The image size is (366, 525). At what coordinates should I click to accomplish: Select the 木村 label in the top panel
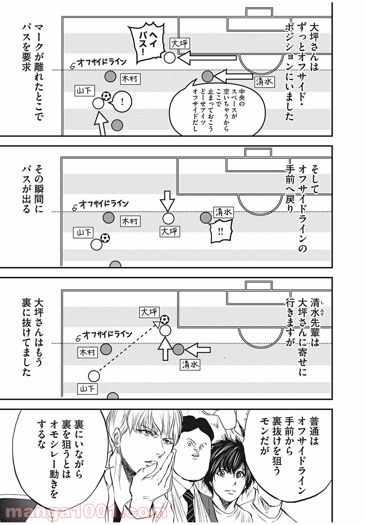tap(130, 79)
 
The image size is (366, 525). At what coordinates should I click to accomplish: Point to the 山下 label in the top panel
tap(84, 91)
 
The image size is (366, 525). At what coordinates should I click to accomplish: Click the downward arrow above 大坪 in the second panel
tap(167, 200)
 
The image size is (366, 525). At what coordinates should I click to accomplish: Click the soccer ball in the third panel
tap(164, 319)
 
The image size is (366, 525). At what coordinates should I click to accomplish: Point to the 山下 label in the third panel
tap(87, 389)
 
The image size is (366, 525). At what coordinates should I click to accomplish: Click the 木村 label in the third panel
tap(88, 352)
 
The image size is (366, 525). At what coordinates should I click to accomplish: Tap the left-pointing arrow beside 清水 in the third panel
tap(198, 349)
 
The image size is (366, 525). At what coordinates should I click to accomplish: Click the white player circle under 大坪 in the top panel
tap(170, 58)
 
